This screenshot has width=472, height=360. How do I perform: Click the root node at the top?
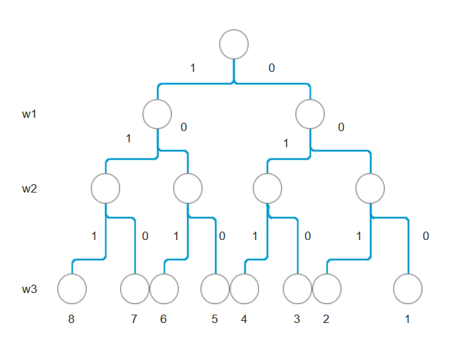234,44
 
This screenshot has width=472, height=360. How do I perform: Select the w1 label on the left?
29,114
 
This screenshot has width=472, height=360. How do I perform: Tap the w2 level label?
29,189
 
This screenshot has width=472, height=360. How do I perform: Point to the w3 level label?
29,288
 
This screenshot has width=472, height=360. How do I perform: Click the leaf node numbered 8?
71,289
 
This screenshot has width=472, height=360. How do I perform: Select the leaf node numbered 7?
135,289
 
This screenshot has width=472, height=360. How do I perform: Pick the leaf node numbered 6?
164,289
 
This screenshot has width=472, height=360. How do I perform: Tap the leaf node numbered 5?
215,289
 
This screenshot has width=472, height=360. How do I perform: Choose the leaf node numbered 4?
244,289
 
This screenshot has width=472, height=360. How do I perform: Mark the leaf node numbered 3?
297,289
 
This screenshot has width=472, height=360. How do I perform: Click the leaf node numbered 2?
326,289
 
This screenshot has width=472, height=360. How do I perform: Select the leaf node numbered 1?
408,289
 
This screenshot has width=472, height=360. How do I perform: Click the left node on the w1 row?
157,114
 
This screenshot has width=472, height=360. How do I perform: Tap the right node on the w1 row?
310,114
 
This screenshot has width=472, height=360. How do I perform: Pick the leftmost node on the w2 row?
105,188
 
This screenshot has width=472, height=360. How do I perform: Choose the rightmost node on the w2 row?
370,188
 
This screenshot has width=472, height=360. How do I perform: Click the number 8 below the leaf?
71,320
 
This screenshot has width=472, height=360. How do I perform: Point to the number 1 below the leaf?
408,320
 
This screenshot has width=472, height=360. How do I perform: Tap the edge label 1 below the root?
193,68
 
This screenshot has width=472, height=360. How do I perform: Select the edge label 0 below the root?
272,68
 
